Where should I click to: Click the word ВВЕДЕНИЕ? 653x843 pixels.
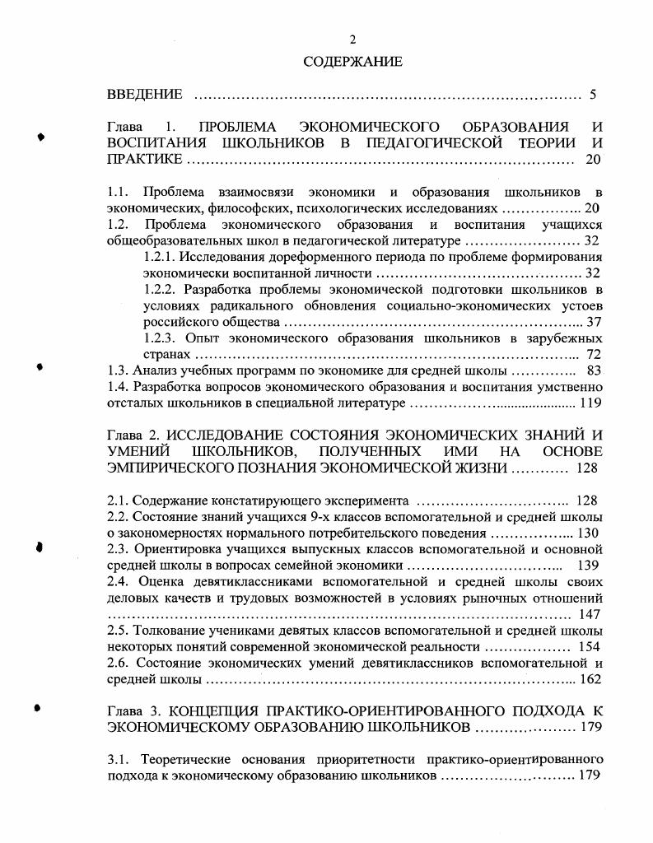pyautogui.click(x=145, y=95)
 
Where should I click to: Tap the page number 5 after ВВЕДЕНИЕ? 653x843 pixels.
pyautogui.click(x=592, y=95)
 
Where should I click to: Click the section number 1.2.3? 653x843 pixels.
pyautogui.click(x=161, y=338)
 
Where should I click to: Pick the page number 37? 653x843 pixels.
pyautogui.click(x=593, y=322)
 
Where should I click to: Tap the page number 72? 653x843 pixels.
pyautogui.click(x=593, y=354)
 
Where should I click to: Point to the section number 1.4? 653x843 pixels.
pyautogui.click(x=119, y=387)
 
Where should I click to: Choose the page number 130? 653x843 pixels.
pyautogui.click(x=587, y=533)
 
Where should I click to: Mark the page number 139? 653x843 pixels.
pyautogui.click(x=587, y=566)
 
